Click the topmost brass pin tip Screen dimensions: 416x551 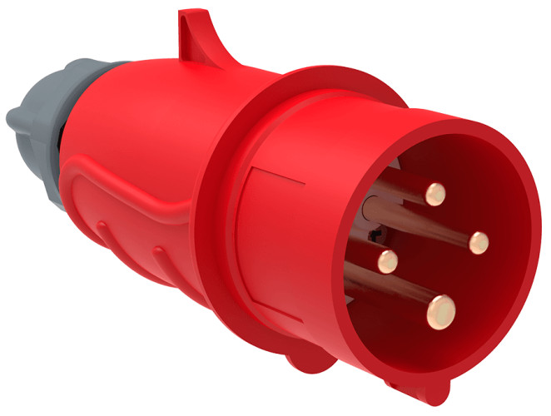(433, 194)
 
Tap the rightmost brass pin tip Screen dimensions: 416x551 (478, 241)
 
